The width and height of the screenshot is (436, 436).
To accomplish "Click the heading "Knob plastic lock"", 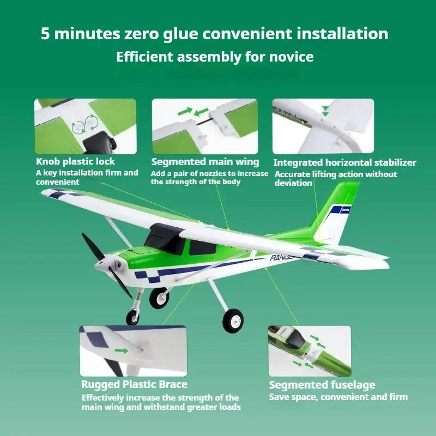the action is click(75, 161).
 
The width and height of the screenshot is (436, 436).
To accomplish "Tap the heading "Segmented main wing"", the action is click(205, 162).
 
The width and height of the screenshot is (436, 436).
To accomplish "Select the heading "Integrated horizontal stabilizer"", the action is click(345, 162).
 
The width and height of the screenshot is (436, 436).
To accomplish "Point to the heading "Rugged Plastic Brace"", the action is click(134, 384).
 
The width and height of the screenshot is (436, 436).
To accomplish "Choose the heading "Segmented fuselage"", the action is click(322, 385).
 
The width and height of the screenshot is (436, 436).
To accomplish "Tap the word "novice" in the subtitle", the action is click(291, 57).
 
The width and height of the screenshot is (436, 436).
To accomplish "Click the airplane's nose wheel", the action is click(132, 317).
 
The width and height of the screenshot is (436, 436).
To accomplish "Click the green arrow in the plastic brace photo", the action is click(122, 350).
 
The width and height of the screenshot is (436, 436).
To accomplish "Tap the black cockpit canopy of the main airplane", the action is click(164, 237).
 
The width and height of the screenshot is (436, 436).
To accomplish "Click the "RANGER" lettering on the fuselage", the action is click(281, 258).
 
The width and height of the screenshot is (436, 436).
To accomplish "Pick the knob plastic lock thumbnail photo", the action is click(86, 126).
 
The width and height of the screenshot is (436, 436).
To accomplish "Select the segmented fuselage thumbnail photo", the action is click(310, 351).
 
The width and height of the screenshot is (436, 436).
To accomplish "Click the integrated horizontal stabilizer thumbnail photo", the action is click(323, 126).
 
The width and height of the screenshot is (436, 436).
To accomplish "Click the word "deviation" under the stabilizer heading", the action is click(293, 183).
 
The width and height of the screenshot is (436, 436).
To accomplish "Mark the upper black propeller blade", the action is click(93, 246).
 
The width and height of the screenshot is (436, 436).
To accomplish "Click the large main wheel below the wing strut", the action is click(233, 320).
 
